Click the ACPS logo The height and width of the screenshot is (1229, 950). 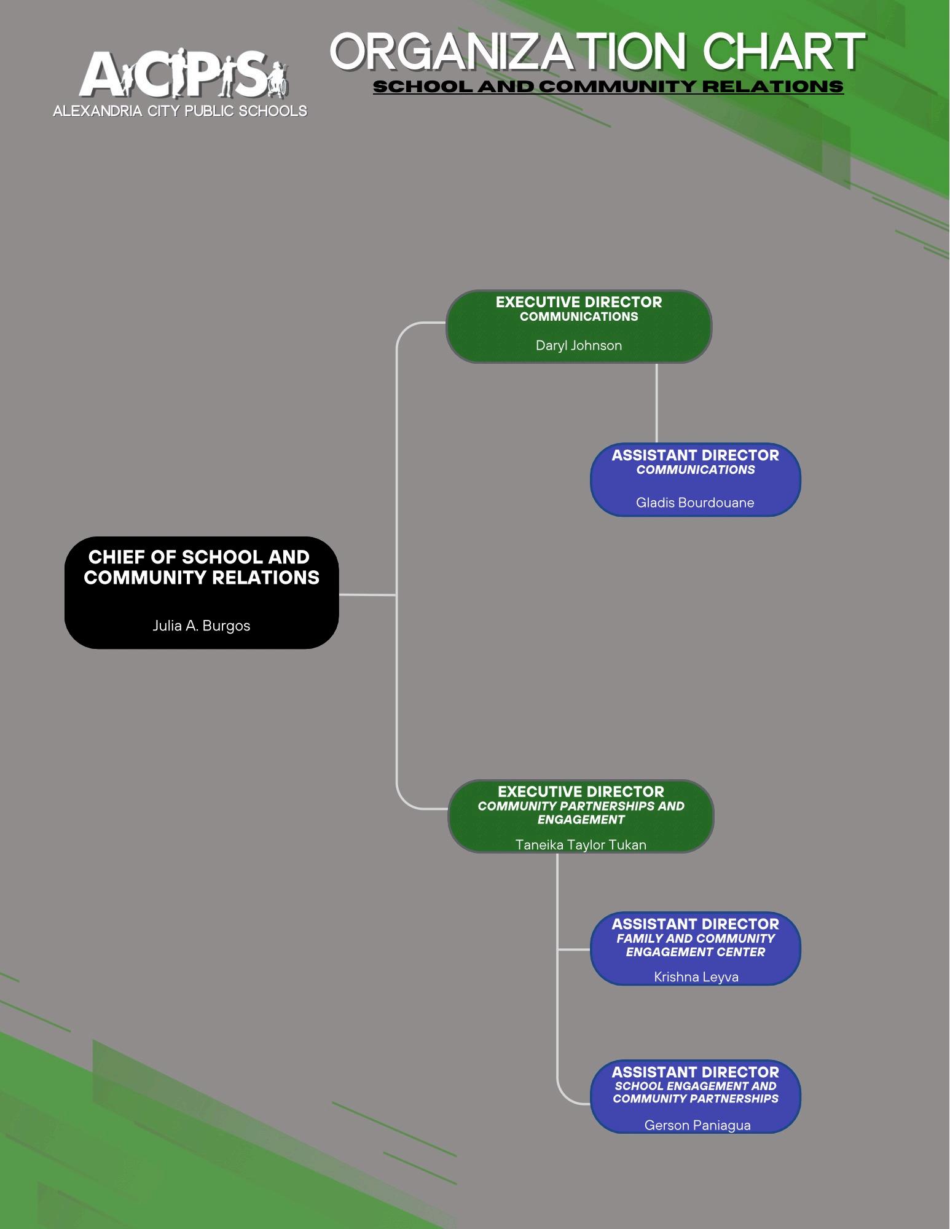[181, 74]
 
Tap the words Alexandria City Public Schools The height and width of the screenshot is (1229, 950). [180, 111]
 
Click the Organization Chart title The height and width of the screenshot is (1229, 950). [597, 52]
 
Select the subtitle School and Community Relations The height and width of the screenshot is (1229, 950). [608, 87]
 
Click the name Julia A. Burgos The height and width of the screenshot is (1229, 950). [202, 626]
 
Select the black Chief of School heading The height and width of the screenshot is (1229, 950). [202, 567]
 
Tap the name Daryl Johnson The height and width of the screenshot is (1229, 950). [578, 345]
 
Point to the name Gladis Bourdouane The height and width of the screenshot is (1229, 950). [695, 503]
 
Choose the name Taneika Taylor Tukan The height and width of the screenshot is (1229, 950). [581, 845]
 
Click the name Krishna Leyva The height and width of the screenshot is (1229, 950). [696, 976]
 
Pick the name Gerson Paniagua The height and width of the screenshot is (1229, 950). [697, 1125]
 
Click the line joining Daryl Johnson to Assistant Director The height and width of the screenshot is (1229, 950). [656, 402]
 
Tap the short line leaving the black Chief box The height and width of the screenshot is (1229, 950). [367, 594]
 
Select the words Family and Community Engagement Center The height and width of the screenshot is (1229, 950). [696, 945]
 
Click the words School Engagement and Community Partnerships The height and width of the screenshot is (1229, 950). [696, 1093]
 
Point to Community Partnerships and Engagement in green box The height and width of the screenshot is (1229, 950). [581, 812]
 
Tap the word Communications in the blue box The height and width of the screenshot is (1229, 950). [696, 470]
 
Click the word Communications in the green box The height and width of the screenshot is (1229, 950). [579, 317]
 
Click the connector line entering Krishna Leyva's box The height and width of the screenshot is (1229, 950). [574, 949]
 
